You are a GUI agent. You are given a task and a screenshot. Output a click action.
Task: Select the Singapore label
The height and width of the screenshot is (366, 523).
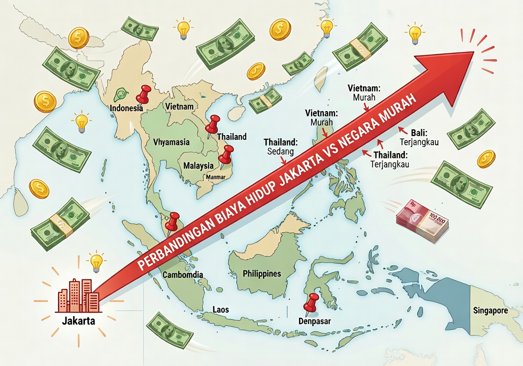click(x=490, y=310)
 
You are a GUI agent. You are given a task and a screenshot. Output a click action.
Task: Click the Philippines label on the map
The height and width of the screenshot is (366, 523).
click(x=262, y=273)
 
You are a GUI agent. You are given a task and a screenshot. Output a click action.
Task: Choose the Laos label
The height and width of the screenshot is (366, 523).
click(x=221, y=310)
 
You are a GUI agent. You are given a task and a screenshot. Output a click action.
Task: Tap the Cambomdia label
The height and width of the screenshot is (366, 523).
click(x=183, y=274)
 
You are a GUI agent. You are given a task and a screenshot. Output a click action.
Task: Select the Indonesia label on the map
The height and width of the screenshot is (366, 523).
click(x=126, y=109)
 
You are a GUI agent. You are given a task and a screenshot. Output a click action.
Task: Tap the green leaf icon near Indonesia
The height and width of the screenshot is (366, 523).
click(x=120, y=95)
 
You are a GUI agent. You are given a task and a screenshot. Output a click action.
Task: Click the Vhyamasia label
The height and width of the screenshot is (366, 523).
click(x=171, y=142)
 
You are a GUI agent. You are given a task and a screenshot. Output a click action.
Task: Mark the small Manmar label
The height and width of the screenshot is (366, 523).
click(x=216, y=177)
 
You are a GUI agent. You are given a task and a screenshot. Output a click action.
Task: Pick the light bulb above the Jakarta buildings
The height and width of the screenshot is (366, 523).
click(x=96, y=261)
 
